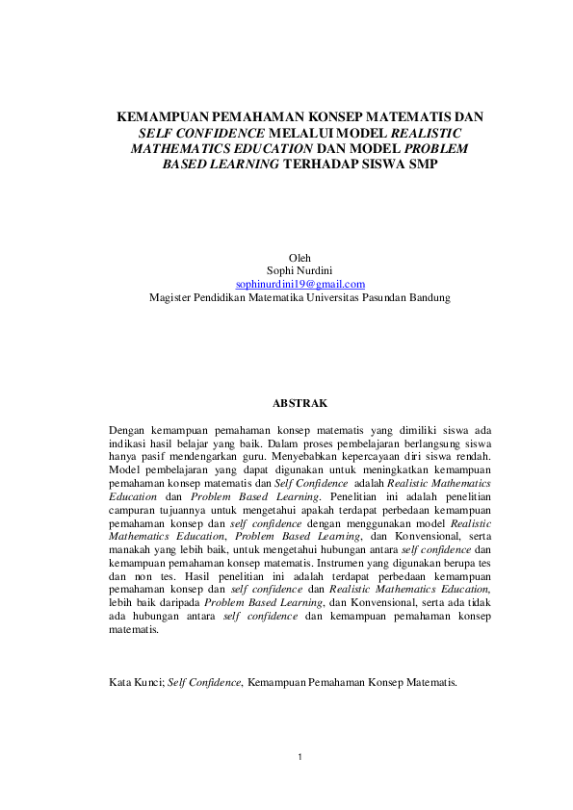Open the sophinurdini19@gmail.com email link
pyautogui.click(x=300, y=284)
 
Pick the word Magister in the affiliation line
pyautogui.click(x=171, y=297)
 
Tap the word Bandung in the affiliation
pyautogui.click(x=431, y=297)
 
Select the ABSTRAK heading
pyautogui.click(x=300, y=403)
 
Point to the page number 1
pyautogui.click(x=300, y=758)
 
